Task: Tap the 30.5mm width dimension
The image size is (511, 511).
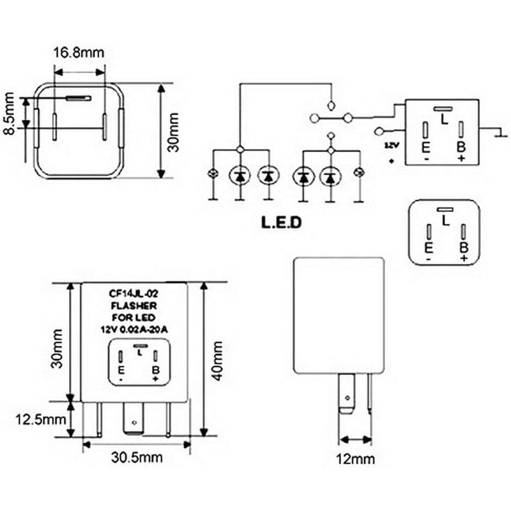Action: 137,457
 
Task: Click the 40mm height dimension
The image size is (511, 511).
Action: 218,361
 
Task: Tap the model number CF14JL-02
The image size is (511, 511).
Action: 134,295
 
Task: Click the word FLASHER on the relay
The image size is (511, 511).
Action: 134,307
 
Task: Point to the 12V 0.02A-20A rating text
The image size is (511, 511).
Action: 134,330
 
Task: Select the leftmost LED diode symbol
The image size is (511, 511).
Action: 240,174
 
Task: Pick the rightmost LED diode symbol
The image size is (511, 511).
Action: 330,174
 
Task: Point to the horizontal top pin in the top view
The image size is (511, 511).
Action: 79,98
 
